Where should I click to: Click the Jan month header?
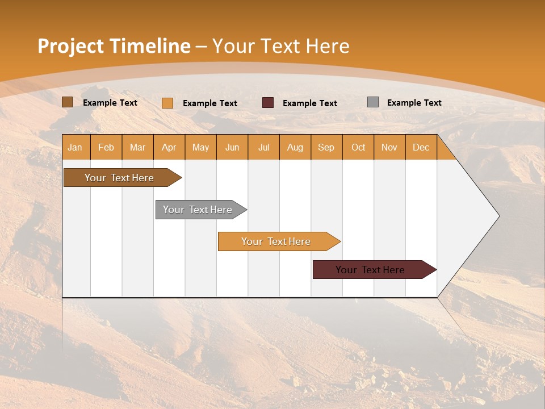(75, 148)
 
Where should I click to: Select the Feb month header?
(106, 148)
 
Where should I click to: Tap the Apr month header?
(169, 148)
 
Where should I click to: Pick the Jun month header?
(232, 148)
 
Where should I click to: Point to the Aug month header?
(295, 148)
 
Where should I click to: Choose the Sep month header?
(326, 148)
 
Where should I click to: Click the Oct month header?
(358, 148)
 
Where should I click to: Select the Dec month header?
(421, 148)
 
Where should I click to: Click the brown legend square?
(68, 102)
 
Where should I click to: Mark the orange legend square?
(167, 103)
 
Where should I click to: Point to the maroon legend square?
(268, 103)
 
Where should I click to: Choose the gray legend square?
(373, 102)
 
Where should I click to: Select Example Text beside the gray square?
(414, 103)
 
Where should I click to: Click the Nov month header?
(389, 148)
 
